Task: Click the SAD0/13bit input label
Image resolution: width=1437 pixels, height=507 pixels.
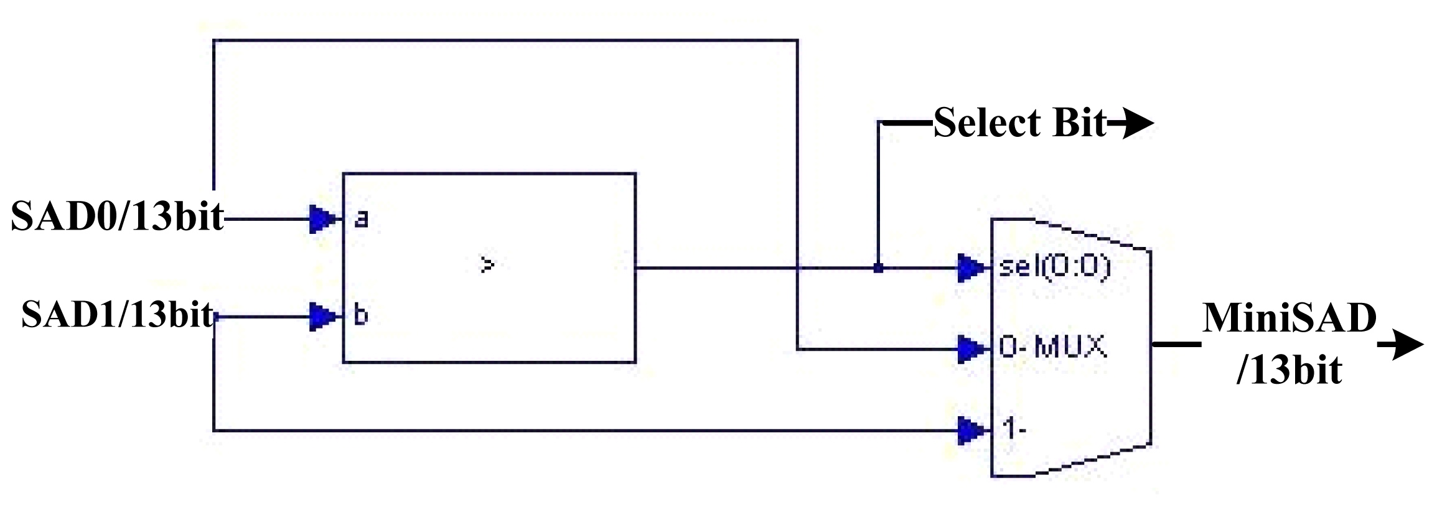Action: point(117,217)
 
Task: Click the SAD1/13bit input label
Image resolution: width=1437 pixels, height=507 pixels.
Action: point(118,315)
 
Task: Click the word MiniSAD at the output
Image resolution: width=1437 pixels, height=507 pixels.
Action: point(1289,319)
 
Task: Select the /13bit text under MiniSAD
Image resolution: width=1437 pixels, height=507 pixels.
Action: point(1289,370)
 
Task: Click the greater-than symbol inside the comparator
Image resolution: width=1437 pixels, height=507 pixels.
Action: point(487,265)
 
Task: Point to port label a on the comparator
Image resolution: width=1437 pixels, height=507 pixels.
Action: point(361,219)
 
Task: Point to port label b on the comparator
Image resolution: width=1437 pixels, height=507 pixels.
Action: point(360,315)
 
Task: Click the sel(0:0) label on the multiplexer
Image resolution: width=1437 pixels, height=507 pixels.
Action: point(1054,267)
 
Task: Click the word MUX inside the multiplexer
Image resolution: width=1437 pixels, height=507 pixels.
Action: point(1070,347)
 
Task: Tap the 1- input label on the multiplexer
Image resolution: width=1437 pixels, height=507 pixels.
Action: point(1014,429)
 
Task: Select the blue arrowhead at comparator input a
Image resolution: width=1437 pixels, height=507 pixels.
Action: point(322,219)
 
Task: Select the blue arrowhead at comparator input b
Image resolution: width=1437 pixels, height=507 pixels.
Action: point(322,317)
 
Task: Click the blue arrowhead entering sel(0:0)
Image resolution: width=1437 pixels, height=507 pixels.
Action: point(971,268)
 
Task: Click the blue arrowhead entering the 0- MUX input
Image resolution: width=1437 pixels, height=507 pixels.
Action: point(971,349)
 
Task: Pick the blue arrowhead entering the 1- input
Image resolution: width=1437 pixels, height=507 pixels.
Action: point(971,430)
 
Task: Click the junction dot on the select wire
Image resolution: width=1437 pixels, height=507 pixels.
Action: point(878,268)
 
